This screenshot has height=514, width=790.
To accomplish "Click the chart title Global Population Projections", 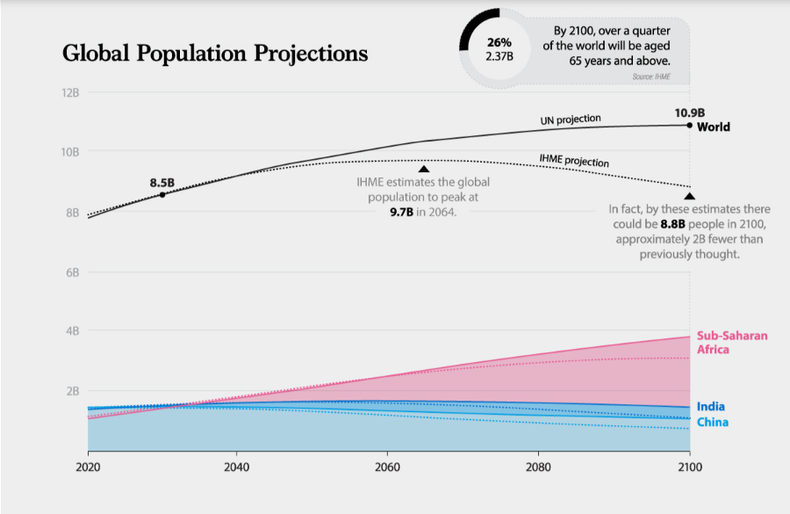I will [x=215, y=53].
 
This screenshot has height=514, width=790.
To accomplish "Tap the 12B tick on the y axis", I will [x=69, y=93].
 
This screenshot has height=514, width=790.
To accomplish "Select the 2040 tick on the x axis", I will [x=236, y=467].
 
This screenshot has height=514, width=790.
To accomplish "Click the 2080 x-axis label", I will [x=538, y=467].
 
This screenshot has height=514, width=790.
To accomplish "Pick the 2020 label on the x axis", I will [x=87, y=467].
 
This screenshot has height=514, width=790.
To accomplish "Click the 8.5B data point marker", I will [x=163, y=194].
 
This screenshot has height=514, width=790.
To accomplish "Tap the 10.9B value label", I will [x=690, y=112].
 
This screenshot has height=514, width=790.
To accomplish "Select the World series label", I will [x=714, y=127].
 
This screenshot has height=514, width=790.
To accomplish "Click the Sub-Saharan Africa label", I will [x=732, y=342].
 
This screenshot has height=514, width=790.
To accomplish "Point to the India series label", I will [x=711, y=407].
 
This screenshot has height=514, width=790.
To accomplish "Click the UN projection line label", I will [x=571, y=120].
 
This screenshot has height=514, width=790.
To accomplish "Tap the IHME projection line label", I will [x=574, y=159].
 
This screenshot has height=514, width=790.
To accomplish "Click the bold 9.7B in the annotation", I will [x=403, y=212].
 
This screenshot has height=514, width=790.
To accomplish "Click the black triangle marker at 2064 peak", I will [x=424, y=170].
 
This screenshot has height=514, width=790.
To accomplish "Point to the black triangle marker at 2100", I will [x=689, y=196].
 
